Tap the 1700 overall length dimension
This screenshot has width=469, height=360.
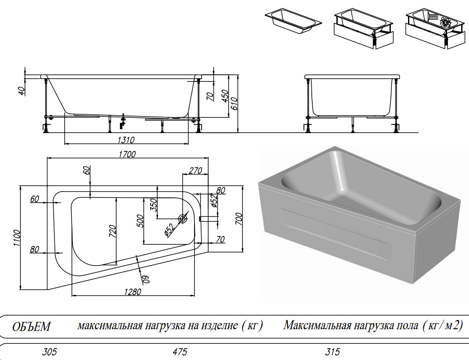[x=127, y=154]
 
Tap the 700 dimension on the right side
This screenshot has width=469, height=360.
[x=239, y=218]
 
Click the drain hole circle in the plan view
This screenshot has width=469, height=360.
[x=183, y=218]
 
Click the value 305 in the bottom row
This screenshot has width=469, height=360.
[x=50, y=352]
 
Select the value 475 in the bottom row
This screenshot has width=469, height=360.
[x=180, y=352]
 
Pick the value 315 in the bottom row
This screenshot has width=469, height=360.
[x=332, y=352]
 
